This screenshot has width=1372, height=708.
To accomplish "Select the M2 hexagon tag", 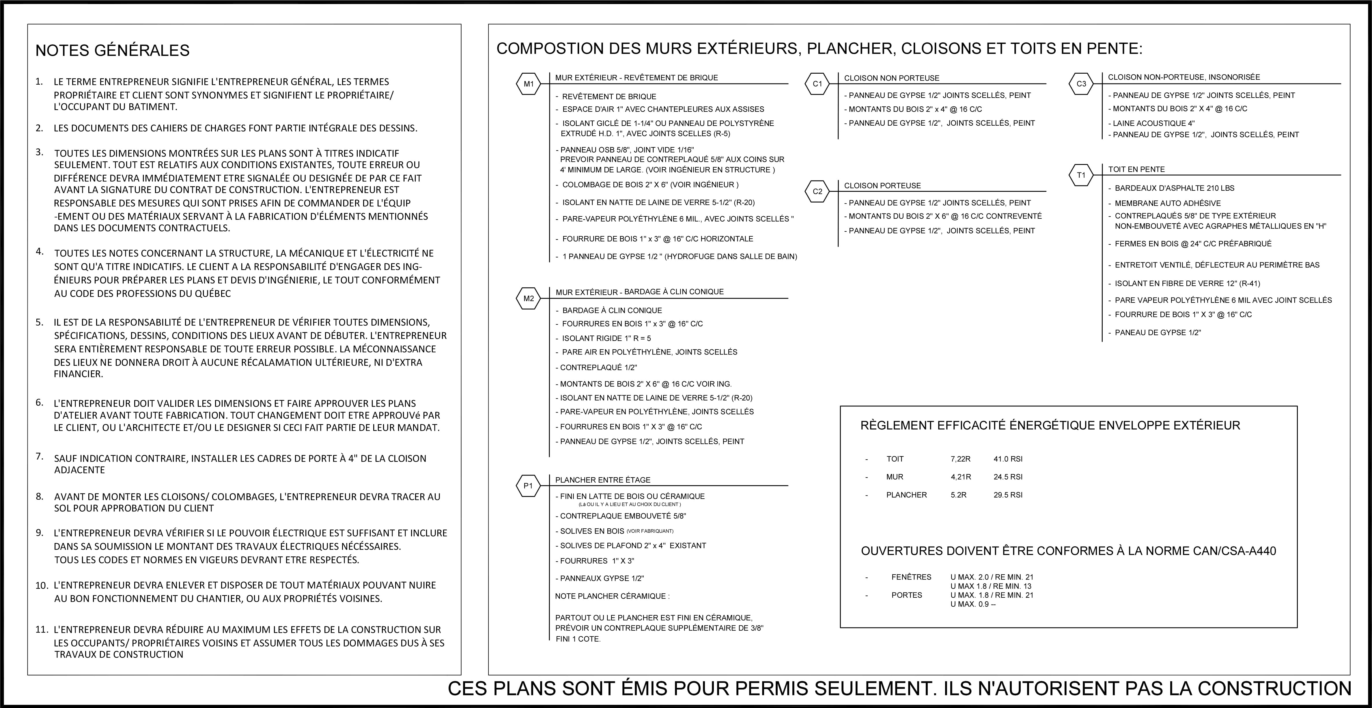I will click(528, 299).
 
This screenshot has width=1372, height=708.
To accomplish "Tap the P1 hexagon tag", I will click(528, 486).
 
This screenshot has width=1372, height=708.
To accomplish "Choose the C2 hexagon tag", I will click(817, 192).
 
